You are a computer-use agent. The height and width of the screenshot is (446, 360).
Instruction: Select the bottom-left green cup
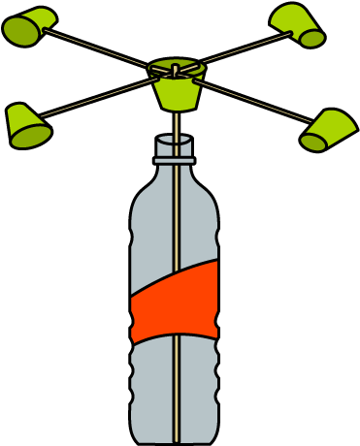tap(26, 125)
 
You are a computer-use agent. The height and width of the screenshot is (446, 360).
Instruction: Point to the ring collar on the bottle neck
tap(175, 160)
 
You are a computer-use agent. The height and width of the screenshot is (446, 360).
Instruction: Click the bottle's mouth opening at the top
tap(175, 140)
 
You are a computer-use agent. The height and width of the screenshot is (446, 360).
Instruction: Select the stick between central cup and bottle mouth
tap(176, 123)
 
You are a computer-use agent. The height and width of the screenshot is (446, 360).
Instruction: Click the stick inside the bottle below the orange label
tap(176, 388)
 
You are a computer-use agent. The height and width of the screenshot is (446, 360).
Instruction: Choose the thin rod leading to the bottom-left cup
tap(97, 97)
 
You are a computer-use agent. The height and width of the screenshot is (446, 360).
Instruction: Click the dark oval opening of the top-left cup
tap(20, 31)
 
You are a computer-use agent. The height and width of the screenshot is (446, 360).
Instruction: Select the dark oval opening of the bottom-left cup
tap(31, 137)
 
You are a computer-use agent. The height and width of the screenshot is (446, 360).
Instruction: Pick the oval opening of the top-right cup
tap(311, 38)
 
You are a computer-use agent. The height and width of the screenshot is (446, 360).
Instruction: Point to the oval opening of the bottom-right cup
tap(313, 143)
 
